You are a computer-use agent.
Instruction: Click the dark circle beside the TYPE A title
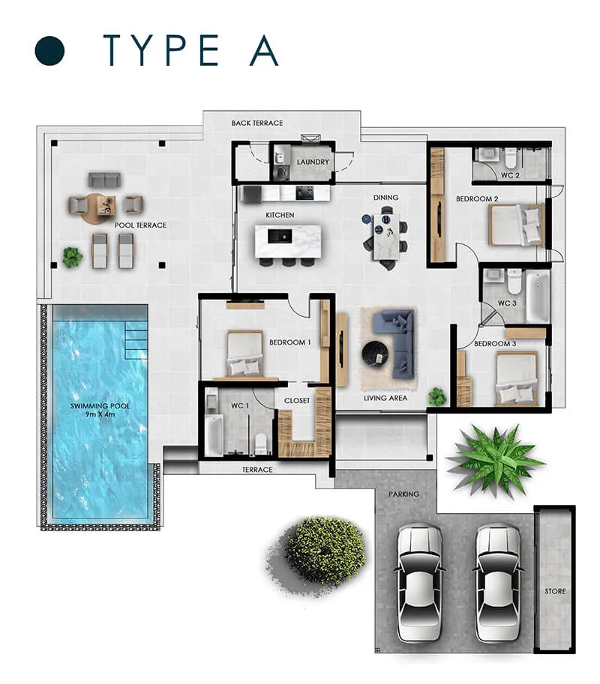point(49,51)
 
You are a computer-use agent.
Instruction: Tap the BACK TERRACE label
point(257,123)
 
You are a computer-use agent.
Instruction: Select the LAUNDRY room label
point(313,162)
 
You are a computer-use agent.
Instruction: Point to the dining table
point(386,237)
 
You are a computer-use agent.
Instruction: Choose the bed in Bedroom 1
point(245,354)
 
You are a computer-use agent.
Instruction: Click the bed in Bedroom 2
point(517,225)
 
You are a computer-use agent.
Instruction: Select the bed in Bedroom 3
point(517,378)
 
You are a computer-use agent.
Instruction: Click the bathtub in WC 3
point(538,296)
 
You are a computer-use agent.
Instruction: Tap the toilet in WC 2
point(511,158)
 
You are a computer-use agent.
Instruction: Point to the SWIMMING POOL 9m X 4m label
point(100,410)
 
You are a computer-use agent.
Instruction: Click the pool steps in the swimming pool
point(136,340)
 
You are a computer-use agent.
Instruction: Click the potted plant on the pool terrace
point(72,258)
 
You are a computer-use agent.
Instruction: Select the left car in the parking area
point(420,584)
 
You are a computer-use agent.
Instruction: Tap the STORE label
point(555,591)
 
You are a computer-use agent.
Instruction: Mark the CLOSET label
point(297,401)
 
